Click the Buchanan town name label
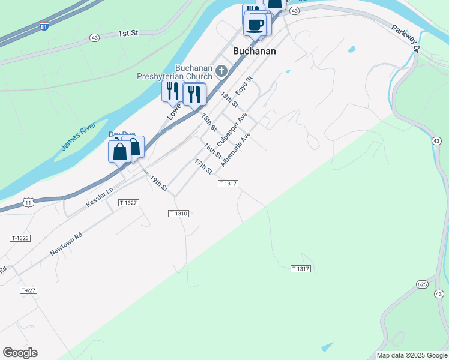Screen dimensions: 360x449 click(x=255, y=51)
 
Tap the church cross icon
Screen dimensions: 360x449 click(x=221, y=72)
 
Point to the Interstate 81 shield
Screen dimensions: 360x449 click(x=43, y=27)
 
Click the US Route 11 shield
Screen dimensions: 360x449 click(x=28, y=203)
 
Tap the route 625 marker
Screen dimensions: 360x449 click(x=421, y=283)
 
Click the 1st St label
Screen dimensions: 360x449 click(x=128, y=34)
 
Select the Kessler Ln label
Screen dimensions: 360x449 click(x=100, y=197)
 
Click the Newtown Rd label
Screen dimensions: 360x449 click(x=66, y=244)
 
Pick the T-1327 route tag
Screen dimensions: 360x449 click(x=129, y=203)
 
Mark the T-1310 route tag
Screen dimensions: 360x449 click(x=179, y=214)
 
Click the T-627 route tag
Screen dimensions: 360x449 click(x=28, y=290)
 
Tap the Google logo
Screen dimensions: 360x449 click(x=20, y=353)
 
